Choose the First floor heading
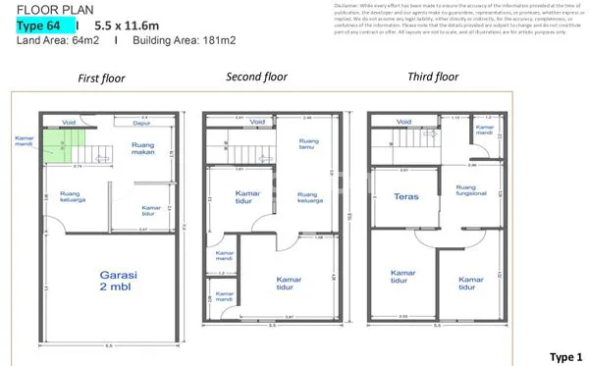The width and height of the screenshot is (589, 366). (x=101, y=78)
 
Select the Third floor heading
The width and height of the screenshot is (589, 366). (x=433, y=76)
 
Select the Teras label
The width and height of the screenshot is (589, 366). (x=406, y=195)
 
